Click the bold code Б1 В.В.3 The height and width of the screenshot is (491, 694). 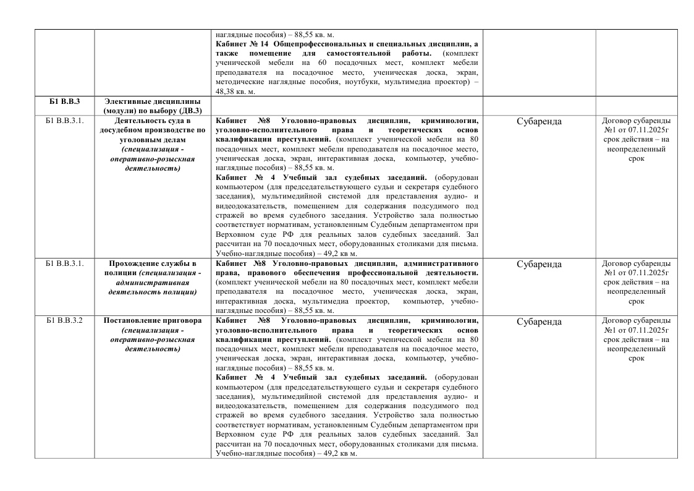point(64,101)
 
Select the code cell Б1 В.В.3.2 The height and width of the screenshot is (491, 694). point(64,321)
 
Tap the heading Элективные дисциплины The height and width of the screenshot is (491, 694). point(152,101)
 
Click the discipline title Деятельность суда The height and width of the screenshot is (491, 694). point(152,121)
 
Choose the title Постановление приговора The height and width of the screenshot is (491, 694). point(152,321)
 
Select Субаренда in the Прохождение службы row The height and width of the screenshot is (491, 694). point(539,265)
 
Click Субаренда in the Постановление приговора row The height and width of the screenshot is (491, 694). point(539,322)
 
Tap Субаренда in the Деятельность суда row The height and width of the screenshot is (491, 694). point(539,122)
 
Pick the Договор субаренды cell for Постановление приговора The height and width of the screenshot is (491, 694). point(636,339)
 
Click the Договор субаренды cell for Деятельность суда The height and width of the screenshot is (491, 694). point(636,139)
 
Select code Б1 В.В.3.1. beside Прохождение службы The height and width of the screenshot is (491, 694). point(64,264)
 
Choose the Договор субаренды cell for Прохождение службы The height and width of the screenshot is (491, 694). point(636,283)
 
